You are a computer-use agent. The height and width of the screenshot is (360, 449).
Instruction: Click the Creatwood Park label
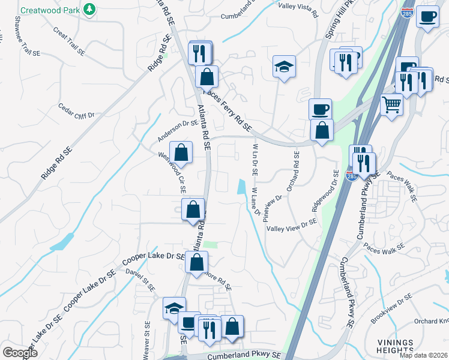click(x=51, y=10)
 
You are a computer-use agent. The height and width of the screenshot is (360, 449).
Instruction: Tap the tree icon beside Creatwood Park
click(x=89, y=10)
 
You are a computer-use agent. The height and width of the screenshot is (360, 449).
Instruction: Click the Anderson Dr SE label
click(x=178, y=131)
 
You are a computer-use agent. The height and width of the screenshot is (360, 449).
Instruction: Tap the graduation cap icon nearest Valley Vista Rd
click(x=285, y=66)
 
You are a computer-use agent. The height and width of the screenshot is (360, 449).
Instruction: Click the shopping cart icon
click(x=391, y=105)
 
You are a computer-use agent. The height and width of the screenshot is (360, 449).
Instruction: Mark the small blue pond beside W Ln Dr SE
click(x=241, y=187)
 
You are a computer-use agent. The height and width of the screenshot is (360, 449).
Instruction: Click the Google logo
click(x=20, y=353)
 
